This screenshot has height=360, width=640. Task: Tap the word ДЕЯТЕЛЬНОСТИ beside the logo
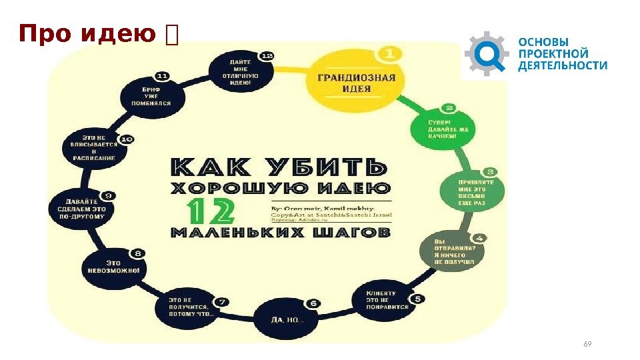coord(563,65)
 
